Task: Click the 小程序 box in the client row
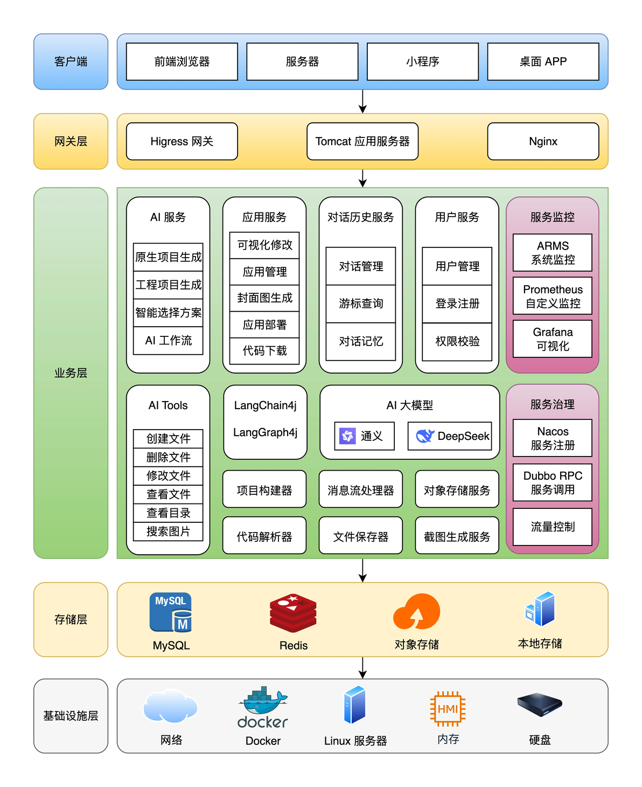pyautogui.click(x=422, y=61)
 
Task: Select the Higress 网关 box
pyautogui.click(x=182, y=141)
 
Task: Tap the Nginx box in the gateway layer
pyautogui.click(x=543, y=141)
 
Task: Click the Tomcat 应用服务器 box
pyautogui.click(x=362, y=141)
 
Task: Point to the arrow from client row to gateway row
pyautogui.click(x=362, y=101)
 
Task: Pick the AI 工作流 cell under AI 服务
pyautogui.click(x=168, y=340)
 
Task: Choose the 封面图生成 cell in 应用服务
pyautogui.click(x=264, y=298)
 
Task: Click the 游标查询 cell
pyautogui.click(x=360, y=303)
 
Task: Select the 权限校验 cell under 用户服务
pyautogui.click(x=457, y=341)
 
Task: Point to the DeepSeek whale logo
pyautogui.click(x=425, y=436)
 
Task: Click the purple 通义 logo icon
pyautogui.click(x=347, y=436)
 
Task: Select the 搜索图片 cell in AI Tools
pyautogui.click(x=168, y=531)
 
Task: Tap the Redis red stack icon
pyautogui.click(x=293, y=613)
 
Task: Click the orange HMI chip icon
pyautogui.click(x=448, y=709)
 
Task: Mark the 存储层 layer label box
pyautogui.click(x=71, y=619)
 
